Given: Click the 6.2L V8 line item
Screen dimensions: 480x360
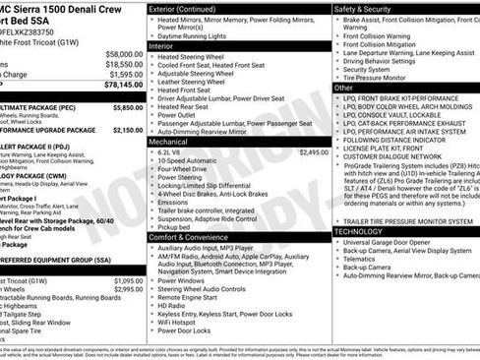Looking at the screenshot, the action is coord(170,153).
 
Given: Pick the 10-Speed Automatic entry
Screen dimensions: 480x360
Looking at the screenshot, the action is coord(188,162).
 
